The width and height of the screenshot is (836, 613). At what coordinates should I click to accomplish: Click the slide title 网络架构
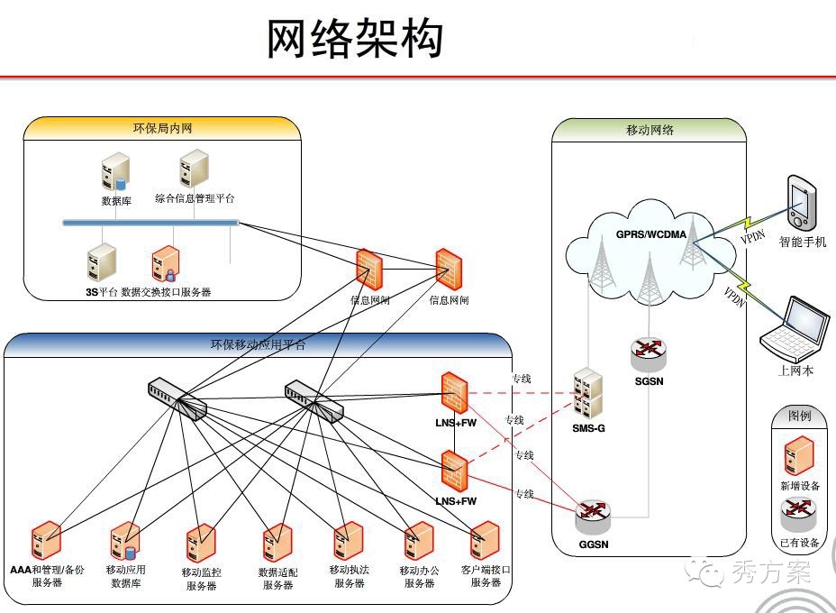355,41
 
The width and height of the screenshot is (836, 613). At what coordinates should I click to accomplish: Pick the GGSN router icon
593,517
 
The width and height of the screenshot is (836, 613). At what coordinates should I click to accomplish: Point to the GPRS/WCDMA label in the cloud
650,234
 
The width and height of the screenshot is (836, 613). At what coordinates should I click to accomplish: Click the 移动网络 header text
650,130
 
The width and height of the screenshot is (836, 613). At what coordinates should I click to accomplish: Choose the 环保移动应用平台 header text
258,344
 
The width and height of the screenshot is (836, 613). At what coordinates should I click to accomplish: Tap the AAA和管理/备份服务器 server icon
46,540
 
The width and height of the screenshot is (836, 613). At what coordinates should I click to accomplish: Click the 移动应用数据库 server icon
125,541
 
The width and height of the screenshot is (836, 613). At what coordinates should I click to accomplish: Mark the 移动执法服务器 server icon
346,542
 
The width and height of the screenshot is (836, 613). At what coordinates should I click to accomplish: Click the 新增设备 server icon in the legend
799,456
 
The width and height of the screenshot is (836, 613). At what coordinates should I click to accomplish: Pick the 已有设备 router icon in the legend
798,515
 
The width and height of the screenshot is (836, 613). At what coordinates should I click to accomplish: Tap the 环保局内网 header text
162,128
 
